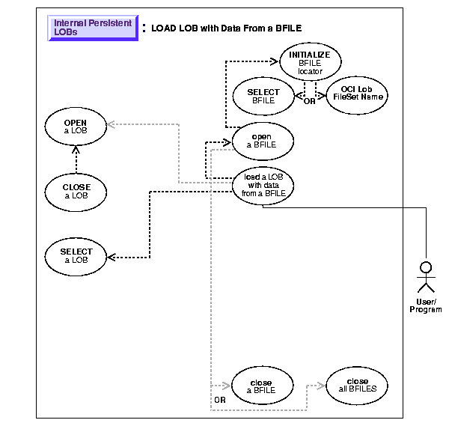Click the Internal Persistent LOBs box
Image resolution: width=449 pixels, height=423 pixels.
click(93, 28)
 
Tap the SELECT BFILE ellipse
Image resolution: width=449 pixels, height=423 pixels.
click(263, 95)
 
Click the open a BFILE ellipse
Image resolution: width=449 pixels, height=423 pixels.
click(263, 140)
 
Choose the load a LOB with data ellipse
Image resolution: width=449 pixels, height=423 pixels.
click(263, 184)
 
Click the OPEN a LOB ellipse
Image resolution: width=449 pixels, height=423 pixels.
click(75, 126)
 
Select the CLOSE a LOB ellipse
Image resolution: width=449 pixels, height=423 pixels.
click(75, 192)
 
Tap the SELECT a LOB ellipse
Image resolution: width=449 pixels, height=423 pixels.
click(75, 256)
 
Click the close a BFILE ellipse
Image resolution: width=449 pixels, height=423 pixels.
click(263, 386)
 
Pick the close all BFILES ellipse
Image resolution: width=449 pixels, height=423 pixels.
click(358, 386)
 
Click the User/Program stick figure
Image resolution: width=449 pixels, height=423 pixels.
click(426, 278)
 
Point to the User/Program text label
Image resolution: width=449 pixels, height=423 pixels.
click(426, 305)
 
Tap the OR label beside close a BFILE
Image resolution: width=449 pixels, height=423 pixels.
click(219, 401)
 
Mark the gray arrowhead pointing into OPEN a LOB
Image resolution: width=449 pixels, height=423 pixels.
click(110, 125)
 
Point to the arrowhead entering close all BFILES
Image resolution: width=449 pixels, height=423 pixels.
click(323, 386)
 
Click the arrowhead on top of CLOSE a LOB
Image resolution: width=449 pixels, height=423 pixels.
click(75, 148)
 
